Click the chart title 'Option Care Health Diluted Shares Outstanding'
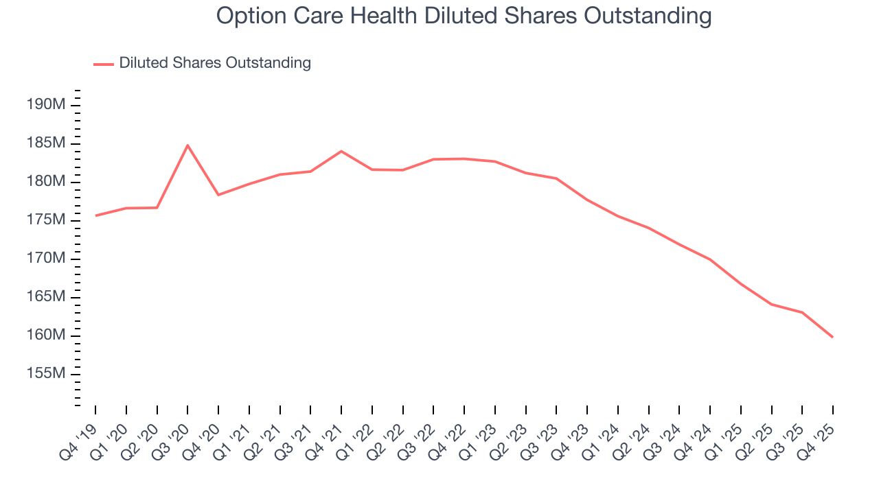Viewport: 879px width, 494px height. click(x=464, y=15)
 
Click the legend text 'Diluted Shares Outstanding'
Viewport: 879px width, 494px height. click(x=215, y=63)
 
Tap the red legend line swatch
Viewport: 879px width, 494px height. click(x=104, y=64)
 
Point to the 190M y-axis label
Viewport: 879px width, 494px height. click(x=45, y=105)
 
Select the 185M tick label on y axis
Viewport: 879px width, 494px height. click(x=45, y=143)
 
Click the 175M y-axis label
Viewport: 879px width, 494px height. click(x=45, y=220)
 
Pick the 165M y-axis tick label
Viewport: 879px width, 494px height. click(x=45, y=297)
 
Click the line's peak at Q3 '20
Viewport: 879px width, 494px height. click(x=187, y=145)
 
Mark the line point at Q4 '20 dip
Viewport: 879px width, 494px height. click(x=218, y=195)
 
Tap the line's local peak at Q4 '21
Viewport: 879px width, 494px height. click(x=341, y=151)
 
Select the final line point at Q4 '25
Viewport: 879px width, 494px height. click(x=832, y=337)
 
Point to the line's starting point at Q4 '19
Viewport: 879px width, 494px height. click(x=96, y=215)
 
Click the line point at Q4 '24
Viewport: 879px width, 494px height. click(x=710, y=259)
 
